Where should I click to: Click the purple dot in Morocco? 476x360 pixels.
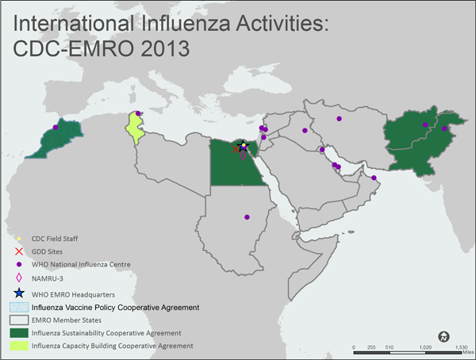point(56,127)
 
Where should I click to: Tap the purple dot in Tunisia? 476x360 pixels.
point(138,113)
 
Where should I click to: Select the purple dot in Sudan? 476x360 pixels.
point(247,216)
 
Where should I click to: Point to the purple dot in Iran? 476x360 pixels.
point(340,118)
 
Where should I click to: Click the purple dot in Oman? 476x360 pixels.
point(374,178)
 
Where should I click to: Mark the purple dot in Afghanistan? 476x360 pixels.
point(426,125)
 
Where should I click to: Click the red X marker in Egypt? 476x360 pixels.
point(236,148)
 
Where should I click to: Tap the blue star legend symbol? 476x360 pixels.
point(18,293)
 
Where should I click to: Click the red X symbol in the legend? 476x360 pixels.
point(18,251)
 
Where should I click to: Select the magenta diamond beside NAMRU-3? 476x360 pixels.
point(18,278)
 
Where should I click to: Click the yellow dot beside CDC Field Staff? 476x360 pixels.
point(18,238)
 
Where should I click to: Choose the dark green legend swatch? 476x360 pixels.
point(17,333)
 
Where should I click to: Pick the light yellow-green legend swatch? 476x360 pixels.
point(17,347)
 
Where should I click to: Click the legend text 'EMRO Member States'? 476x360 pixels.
point(66,320)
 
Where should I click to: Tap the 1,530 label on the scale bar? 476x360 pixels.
point(461,347)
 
